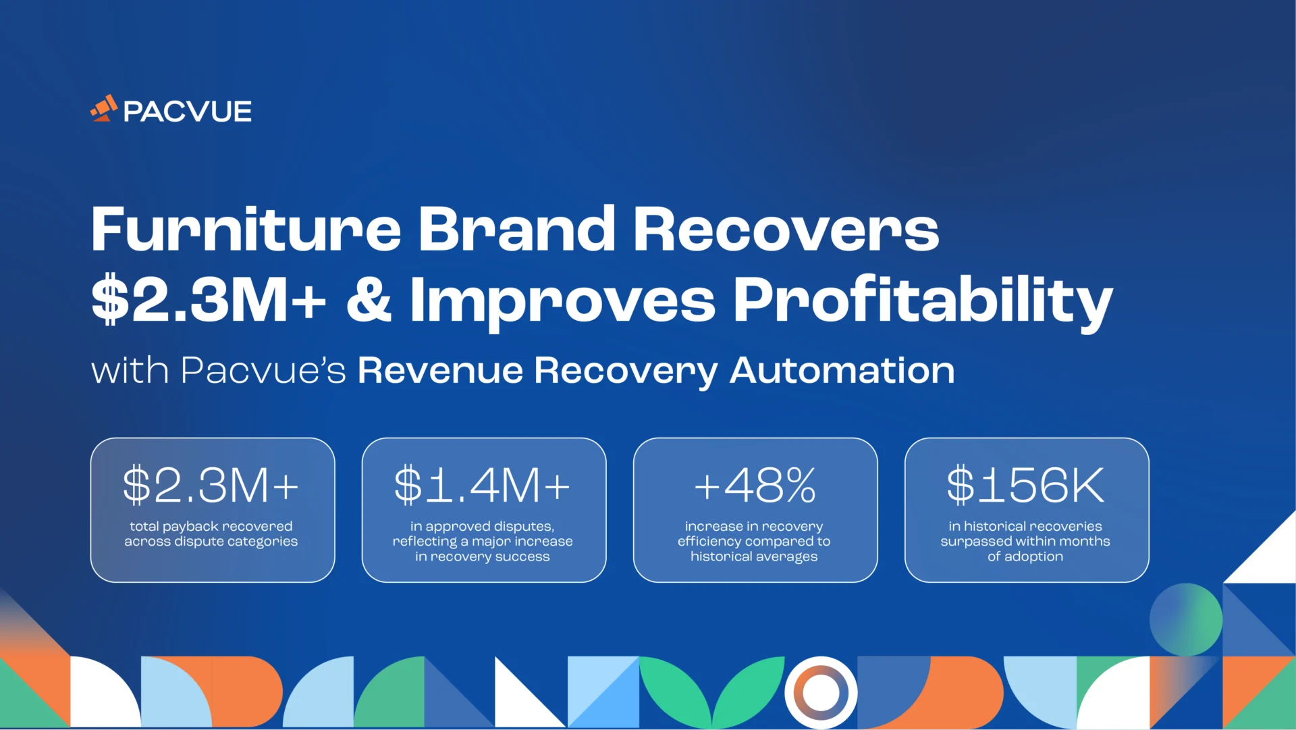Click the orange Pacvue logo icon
click(x=104, y=109)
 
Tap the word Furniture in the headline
click(x=246, y=230)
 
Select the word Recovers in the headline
click(x=786, y=230)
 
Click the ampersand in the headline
click(x=369, y=300)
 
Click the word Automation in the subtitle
click(x=842, y=371)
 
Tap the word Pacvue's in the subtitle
click(x=263, y=371)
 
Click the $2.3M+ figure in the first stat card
click(x=211, y=485)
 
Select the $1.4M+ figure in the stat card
click(x=483, y=485)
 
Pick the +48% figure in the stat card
click(x=755, y=485)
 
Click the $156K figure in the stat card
click(x=1025, y=485)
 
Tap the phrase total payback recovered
click(x=211, y=526)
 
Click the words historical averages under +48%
click(x=754, y=556)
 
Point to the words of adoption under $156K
click(x=1025, y=556)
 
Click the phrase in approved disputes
click(x=483, y=526)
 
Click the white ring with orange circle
click(x=821, y=693)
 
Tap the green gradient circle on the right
click(x=1186, y=619)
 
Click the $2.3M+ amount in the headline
click(x=209, y=300)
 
